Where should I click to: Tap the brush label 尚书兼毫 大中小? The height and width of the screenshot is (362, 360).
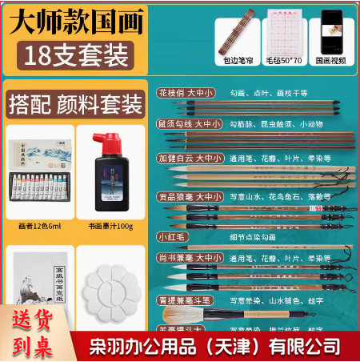click(x=186, y=257)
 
